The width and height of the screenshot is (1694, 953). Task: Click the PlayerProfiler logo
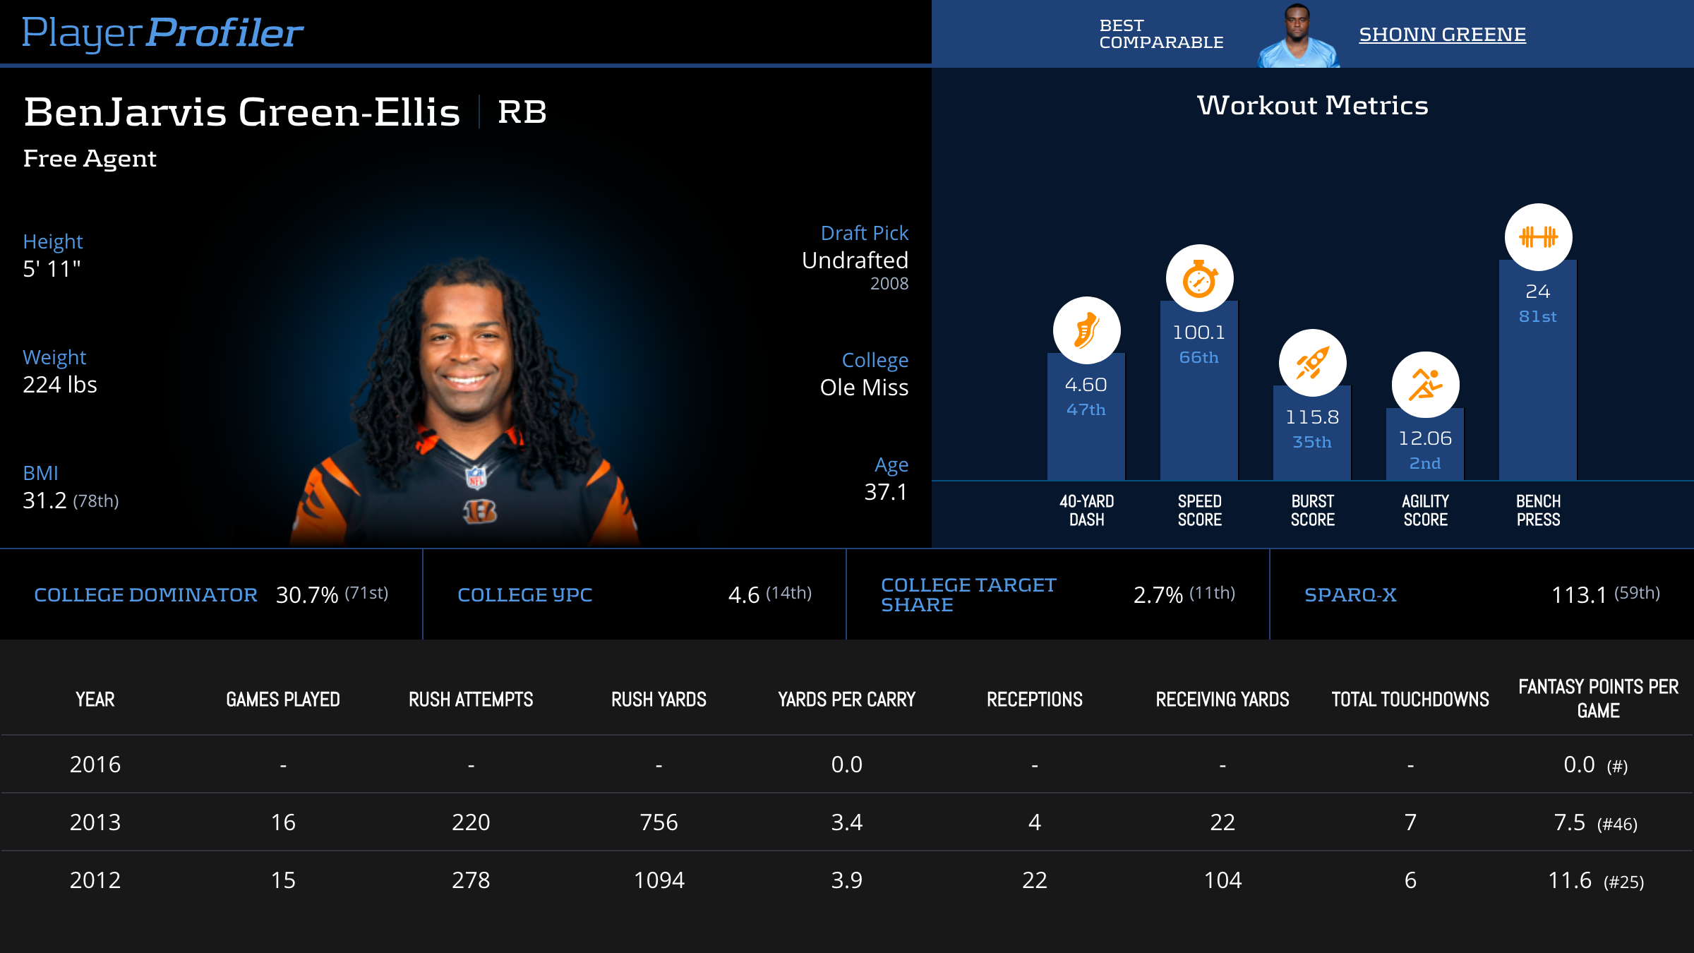click(162, 32)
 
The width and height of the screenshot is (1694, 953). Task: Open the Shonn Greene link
click(1442, 35)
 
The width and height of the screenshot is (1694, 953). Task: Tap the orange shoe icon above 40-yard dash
click(1086, 330)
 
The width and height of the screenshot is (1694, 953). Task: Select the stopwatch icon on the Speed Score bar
click(1199, 279)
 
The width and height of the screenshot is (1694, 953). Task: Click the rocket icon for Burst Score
click(1312, 364)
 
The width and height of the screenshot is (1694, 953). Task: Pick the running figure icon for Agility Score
click(1425, 385)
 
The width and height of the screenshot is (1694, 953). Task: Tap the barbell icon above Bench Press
click(1538, 237)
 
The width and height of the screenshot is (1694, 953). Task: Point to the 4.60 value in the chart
click(1086, 385)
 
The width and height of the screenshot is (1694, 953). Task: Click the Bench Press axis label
click(1538, 510)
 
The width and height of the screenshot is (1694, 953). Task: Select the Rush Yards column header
click(659, 700)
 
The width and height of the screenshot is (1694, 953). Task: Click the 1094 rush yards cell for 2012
click(659, 880)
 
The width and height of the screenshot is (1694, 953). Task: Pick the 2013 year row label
click(95, 822)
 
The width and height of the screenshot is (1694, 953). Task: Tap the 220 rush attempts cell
click(471, 822)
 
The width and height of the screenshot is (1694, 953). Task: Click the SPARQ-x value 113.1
click(1579, 595)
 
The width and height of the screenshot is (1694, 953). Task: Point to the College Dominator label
click(145, 595)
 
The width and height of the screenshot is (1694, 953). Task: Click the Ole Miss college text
click(864, 388)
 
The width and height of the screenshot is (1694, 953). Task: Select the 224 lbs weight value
click(60, 385)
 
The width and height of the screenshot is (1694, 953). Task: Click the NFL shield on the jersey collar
click(476, 477)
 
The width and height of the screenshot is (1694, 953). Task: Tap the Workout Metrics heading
click(1312, 106)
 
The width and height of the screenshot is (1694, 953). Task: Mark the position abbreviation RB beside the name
click(522, 112)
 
